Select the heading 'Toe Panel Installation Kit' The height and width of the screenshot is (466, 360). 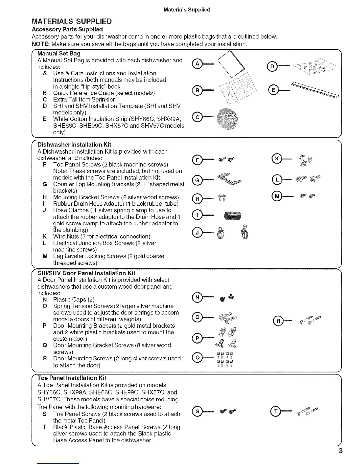click(72, 378)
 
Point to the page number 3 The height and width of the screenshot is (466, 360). click(341, 451)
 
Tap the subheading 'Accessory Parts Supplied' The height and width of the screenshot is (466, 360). click(67, 29)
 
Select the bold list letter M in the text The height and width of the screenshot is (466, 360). click(45, 256)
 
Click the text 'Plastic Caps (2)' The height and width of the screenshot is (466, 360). click(74, 299)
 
